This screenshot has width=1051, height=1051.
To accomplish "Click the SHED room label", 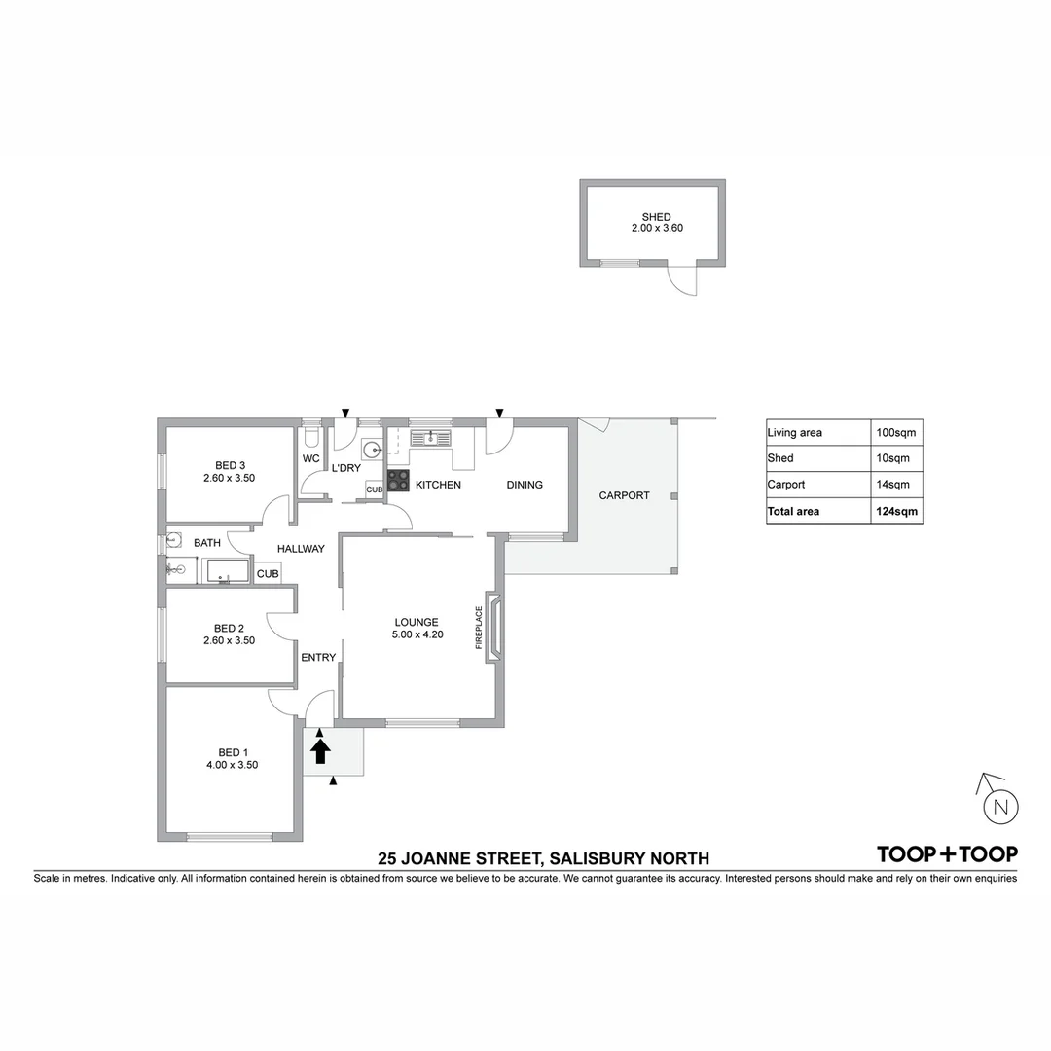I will coord(656,217).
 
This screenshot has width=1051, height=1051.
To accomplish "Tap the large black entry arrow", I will coord(320,750).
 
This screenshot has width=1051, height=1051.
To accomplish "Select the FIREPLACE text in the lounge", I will coord(479,634).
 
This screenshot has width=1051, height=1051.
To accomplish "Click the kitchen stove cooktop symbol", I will coord(398,481).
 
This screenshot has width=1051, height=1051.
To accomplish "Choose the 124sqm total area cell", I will coord(895,511).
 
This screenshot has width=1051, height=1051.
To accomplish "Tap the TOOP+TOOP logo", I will coord(947,854).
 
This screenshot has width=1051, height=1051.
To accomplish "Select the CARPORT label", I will coord(624,495).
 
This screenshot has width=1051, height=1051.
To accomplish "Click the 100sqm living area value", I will coord(895,432).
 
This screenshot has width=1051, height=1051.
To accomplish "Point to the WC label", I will coord(310,458).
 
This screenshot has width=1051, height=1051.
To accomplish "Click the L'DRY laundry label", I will coord(346,468).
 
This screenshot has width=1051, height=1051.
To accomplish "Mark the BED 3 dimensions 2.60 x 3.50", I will coord(229,478).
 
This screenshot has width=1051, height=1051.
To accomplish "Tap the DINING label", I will coord(524,485).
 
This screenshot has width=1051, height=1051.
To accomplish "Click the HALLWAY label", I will coord(301,549).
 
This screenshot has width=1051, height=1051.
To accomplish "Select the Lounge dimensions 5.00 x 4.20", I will coord(417,635).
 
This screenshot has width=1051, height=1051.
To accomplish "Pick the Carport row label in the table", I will coord(786,485).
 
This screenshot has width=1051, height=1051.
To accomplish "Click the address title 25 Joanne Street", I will coord(544,858).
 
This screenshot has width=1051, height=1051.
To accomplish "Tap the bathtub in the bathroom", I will coord(225,571).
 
